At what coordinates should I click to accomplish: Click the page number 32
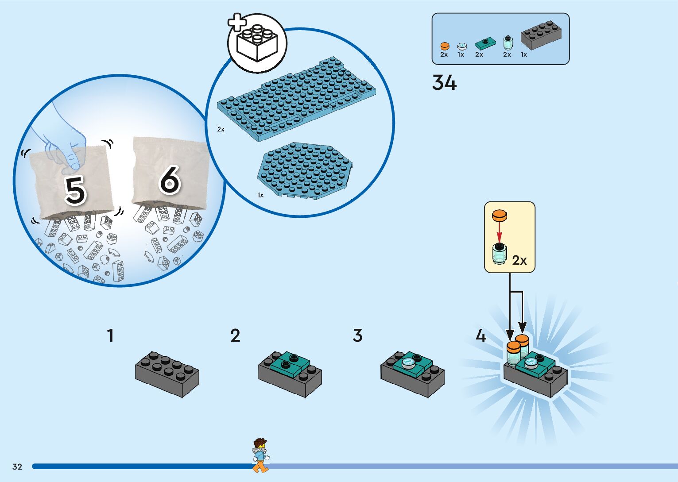(17, 467)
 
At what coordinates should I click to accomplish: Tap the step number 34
(444, 83)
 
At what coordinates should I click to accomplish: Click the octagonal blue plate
(306, 170)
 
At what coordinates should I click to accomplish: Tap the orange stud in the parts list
(445, 46)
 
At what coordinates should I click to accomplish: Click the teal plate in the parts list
(485, 44)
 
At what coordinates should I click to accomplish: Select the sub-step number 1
(110, 335)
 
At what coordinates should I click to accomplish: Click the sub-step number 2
(235, 335)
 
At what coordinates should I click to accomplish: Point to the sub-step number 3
(357, 335)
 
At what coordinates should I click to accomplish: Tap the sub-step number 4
(481, 335)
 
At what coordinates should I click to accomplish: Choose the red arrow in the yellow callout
(499, 231)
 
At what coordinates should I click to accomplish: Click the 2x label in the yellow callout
(519, 260)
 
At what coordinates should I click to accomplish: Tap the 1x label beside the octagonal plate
(260, 195)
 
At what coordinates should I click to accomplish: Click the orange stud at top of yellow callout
(499, 216)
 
